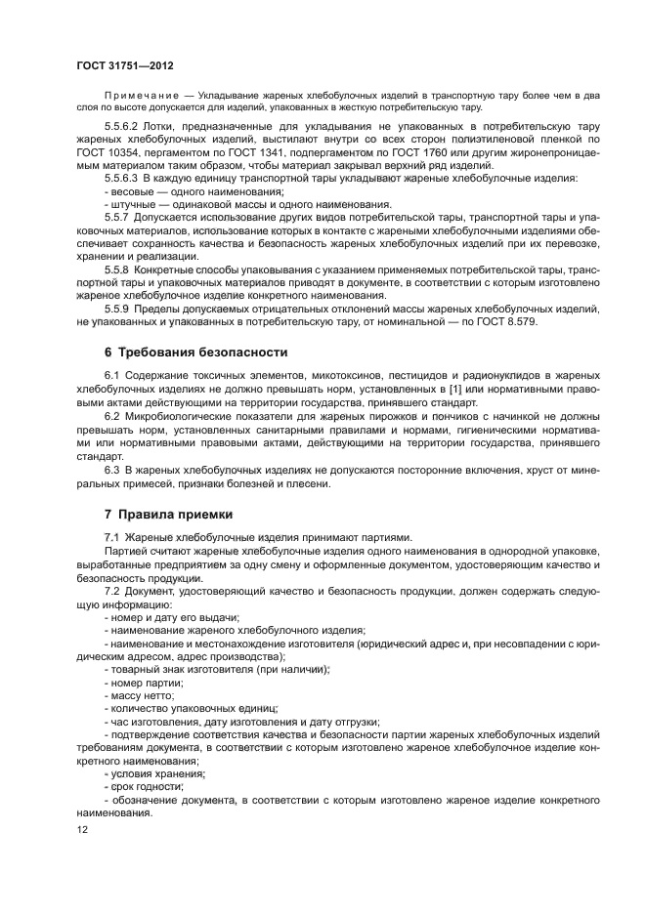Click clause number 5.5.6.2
(125, 127)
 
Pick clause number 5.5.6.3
(125, 179)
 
